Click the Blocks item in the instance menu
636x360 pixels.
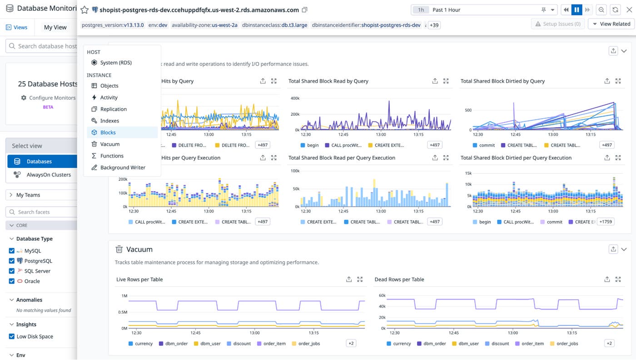tap(108, 133)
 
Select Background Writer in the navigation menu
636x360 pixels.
tap(123, 168)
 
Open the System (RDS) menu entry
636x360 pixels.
tap(116, 63)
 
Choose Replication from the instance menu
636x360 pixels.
tap(113, 109)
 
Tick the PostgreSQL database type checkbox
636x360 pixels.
tap(12, 261)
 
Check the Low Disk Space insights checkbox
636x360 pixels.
tap(12, 336)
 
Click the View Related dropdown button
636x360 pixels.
tap(611, 24)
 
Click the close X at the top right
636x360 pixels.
tap(629, 10)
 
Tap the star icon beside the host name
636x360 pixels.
tap(84, 10)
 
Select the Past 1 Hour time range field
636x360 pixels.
tap(484, 10)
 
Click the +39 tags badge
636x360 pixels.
tap(433, 25)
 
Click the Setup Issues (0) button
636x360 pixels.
tap(558, 24)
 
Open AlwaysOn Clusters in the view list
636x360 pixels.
tap(49, 175)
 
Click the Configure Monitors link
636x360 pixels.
tap(52, 98)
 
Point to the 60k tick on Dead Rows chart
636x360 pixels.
tap(382, 296)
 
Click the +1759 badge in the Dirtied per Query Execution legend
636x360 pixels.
tap(606, 222)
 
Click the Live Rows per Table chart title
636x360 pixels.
tap(139, 280)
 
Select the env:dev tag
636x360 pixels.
tap(158, 25)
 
